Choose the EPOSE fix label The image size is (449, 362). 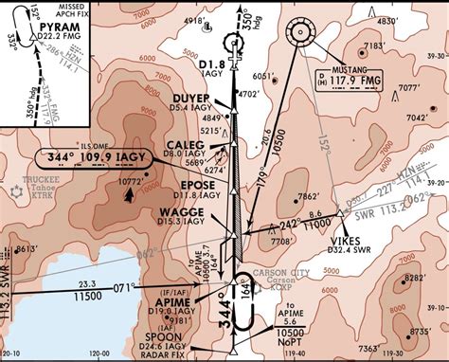(x=196, y=186)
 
